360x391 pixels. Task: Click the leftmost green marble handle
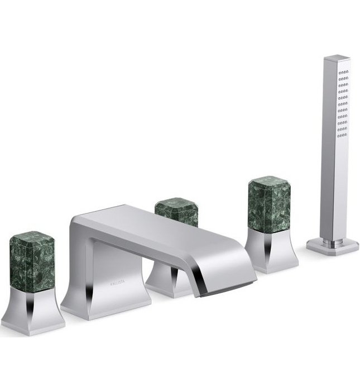coord(32,263)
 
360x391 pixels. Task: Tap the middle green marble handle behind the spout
coord(177,211)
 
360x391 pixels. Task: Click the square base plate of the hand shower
coord(333,246)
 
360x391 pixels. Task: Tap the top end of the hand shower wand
coord(337,58)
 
